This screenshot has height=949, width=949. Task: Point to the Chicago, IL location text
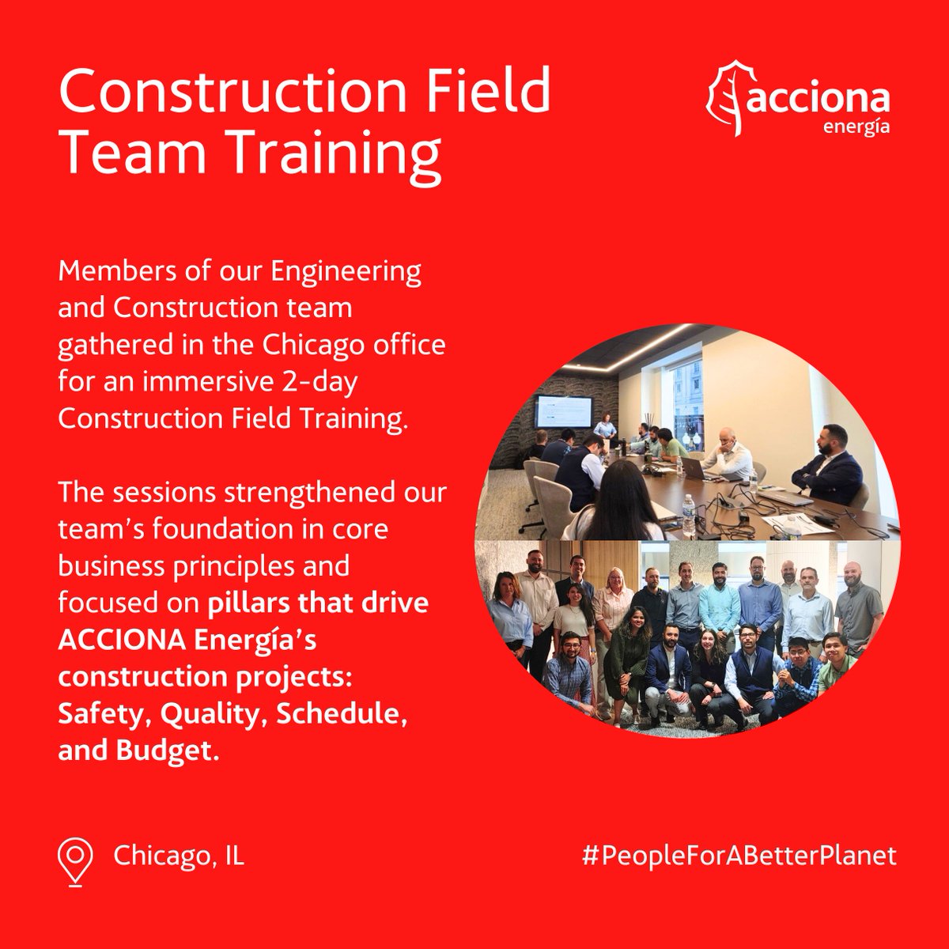click(x=179, y=856)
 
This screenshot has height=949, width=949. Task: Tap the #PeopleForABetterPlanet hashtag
click(x=739, y=856)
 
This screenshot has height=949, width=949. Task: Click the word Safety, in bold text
click(x=104, y=715)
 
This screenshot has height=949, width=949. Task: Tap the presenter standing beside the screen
click(x=605, y=427)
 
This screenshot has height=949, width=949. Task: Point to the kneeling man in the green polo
click(x=837, y=664)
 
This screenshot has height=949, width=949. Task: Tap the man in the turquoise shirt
click(x=720, y=605)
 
